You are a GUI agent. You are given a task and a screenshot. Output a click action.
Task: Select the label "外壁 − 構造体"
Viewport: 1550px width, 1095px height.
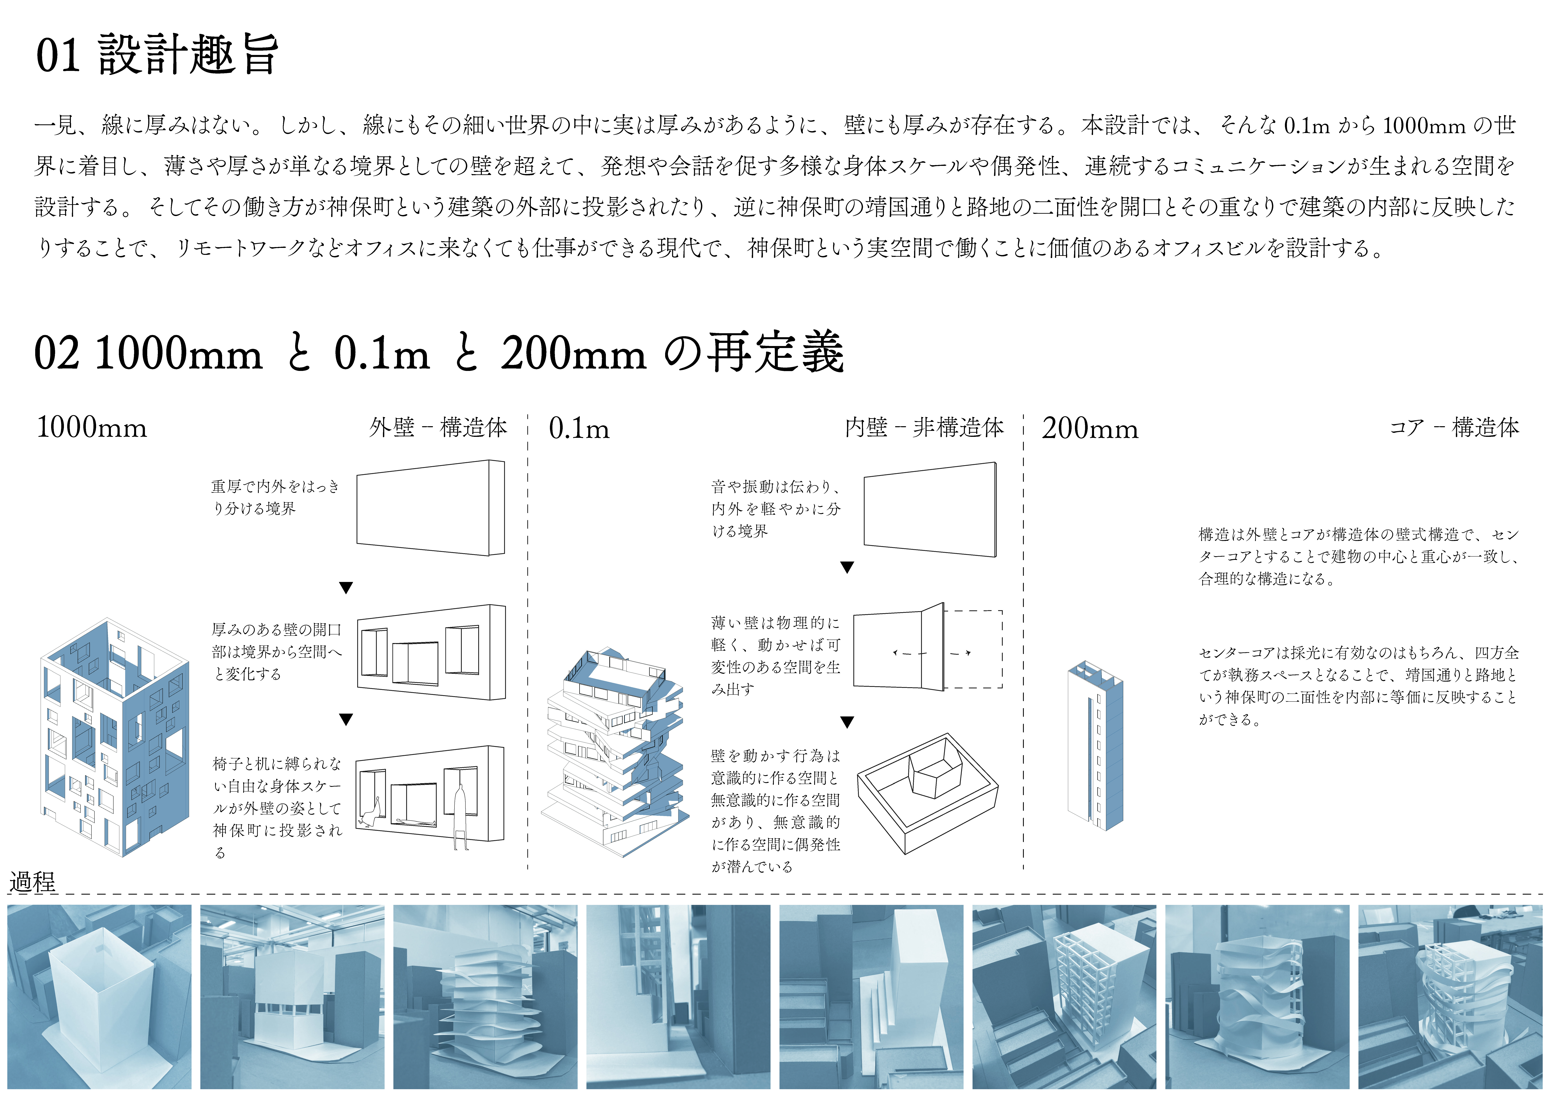pos(438,427)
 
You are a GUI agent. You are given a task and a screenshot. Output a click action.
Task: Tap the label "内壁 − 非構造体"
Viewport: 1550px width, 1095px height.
pos(924,427)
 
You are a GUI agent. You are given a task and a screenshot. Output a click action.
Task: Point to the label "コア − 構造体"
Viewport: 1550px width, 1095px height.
pos(1454,427)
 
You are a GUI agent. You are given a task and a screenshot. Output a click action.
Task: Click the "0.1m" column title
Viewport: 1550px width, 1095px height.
pos(579,428)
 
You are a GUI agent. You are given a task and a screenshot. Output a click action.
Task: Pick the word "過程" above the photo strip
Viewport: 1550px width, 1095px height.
pos(32,882)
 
